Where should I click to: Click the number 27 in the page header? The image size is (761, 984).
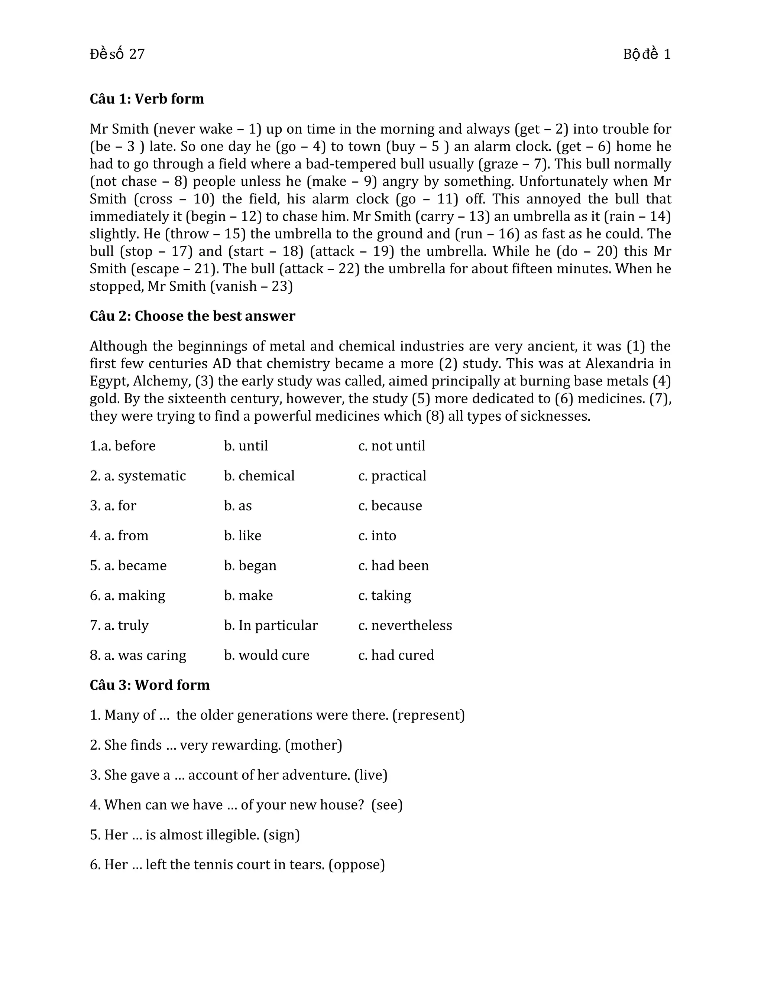coord(137,55)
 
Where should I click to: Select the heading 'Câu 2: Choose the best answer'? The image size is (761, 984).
coord(192,316)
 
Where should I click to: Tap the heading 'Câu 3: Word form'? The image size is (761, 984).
coord(149,685)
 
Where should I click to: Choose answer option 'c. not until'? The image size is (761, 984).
coord(391,446)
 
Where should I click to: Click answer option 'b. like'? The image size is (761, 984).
coord(243,535)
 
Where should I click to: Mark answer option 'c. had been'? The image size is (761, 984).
coord(393,566)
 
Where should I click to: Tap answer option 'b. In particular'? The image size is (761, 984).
coord(271,625)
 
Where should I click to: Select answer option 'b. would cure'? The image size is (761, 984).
coord(266,655)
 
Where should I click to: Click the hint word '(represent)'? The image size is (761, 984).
coord(428,715)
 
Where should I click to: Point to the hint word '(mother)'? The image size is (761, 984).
coord(314,745)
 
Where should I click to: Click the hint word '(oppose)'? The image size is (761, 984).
coord(357,864)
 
